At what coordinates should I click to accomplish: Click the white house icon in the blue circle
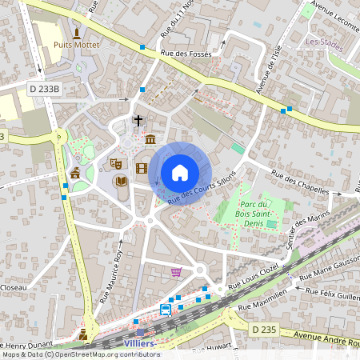pyautogui.click(x=180, y=173)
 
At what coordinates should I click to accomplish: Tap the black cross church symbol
pyautogui.click(x=138, y=121)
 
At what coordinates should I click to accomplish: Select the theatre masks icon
pyautogui.click(x=115, y=163)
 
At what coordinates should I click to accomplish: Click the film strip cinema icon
pyautogui.click(x=142, y=168)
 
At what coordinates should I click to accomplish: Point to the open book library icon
pyautogui.click(x=122, y=182)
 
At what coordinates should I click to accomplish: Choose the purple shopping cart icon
pyautogui.click(x=176, y=272)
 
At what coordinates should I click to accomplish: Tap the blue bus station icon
pyautogui.click(x=166, y=309)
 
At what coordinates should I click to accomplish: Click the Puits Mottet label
pyautogui.click(x=77, y=46)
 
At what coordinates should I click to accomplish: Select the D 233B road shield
pyautogui.click(x=44, y=89)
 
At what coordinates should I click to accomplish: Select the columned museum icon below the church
pyautogui.click(x=150, y=141)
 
